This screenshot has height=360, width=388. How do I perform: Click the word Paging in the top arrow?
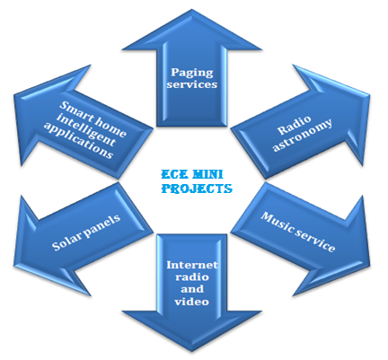click(192, 74)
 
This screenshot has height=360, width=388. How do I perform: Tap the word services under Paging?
click(192, 84)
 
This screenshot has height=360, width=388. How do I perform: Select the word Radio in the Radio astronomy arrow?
click(294, 126)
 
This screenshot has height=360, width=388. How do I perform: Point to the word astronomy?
click(303, 136)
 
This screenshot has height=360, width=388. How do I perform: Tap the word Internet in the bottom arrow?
click(192, 265)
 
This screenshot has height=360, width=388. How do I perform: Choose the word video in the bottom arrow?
click(192, 302)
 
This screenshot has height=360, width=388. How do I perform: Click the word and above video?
click(192, 289)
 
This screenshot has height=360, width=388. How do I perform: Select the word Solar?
click(66, 240)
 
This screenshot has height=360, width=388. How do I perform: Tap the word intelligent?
click(86, 130)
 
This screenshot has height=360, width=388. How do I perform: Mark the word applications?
click(78, 140)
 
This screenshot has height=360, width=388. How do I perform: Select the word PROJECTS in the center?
click(197, 189)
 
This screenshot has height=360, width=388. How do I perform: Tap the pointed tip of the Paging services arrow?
click(192, 10)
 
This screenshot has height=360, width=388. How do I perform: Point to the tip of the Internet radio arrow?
click(192, 351)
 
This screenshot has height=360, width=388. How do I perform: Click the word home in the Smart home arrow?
click(110, 128)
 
